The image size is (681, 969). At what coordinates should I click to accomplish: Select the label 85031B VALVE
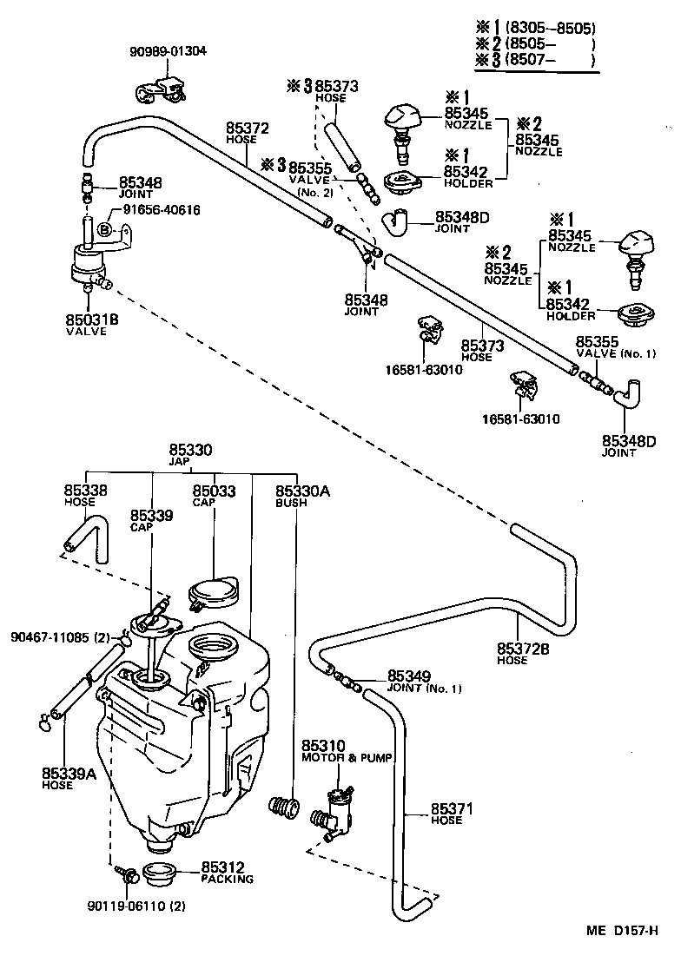coord(91,324)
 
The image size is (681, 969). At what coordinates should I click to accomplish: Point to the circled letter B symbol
coord(103,229)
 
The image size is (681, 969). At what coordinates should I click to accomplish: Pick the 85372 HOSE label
coord(248,132)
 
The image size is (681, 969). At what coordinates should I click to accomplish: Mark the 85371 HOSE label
coord(452,814)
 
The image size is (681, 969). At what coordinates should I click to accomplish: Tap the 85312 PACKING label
coord(227,872)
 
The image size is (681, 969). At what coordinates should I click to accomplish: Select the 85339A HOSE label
coord(68,777)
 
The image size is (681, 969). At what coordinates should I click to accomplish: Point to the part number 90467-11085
coord(57,636)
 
